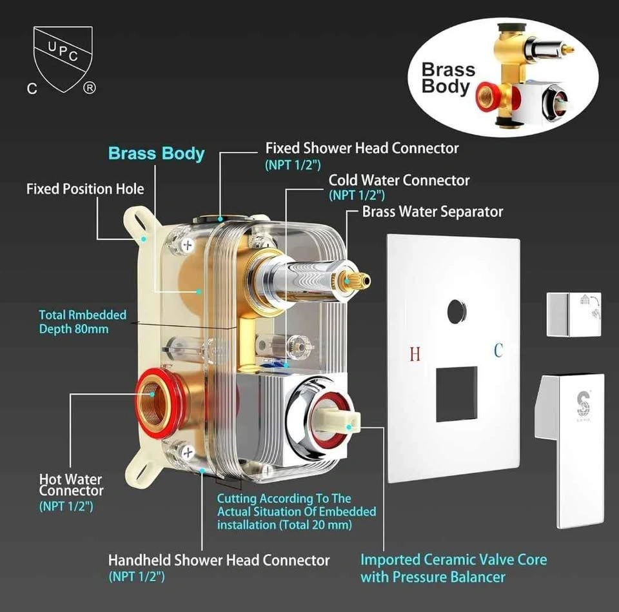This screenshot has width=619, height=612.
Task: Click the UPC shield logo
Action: (63, 59)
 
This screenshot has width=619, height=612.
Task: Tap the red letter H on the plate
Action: (415, 354)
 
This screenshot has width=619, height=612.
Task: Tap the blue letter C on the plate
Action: (498, 350)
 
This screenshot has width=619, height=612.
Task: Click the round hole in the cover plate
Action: (457, 310)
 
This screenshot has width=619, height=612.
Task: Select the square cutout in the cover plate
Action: (457, 393)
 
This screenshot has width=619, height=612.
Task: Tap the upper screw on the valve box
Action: (187, 245)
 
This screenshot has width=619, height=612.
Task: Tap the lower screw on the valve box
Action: (187, 453)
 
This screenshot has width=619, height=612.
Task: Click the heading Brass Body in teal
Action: (156, 153)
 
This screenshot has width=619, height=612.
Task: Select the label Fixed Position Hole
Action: (85, 189)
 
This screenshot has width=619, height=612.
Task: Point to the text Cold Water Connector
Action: (399, 181)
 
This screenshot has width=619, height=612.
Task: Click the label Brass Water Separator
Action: (432, 212)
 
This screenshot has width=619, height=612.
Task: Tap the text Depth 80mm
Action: (74, 329)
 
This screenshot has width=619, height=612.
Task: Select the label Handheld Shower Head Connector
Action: (219, 560)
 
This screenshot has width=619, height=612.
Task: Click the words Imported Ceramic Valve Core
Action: (453, 560)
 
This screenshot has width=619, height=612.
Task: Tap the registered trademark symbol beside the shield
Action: (89, 88)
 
